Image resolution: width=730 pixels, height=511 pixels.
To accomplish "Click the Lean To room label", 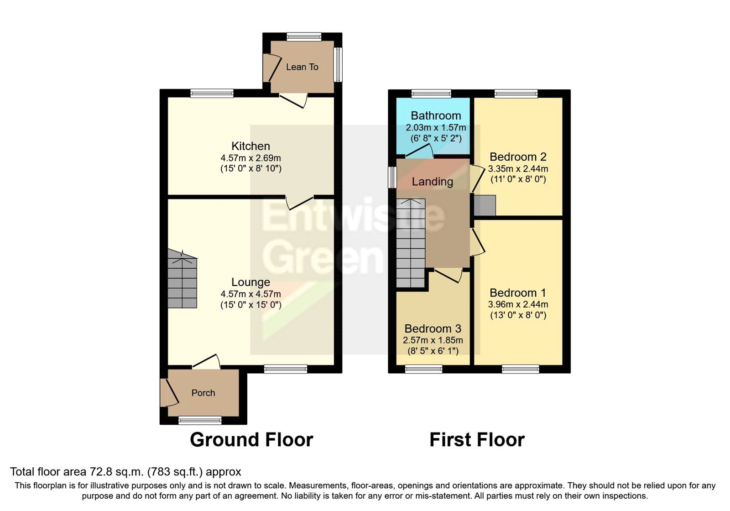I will point(302,67).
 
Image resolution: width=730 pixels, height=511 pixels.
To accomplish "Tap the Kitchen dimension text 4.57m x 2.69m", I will point(250,158).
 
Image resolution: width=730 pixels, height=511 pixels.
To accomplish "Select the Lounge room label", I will point(250,282).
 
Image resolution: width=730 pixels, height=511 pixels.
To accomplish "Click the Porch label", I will point(203,393).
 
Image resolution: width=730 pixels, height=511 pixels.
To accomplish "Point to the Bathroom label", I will point(436,115).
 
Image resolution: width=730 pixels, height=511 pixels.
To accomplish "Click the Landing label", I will point(432,182).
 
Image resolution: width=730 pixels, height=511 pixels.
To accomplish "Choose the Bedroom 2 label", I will point(518,157).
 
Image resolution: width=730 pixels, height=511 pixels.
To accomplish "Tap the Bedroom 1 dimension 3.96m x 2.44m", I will point(518,304).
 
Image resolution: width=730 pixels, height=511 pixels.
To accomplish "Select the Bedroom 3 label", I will point(433,328).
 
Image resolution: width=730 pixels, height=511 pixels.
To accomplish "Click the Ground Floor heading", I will point(251,440).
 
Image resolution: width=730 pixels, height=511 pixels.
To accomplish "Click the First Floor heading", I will point(477,440).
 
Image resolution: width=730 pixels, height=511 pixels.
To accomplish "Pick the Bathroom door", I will point(420,151).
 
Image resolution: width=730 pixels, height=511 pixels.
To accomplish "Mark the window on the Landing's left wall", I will point(392,177).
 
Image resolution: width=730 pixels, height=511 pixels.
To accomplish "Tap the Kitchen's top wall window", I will point(212,94).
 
